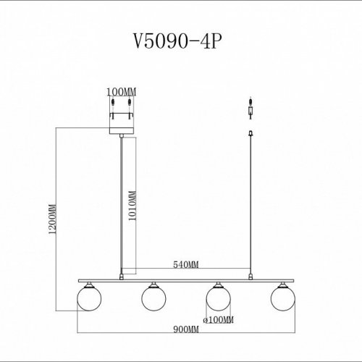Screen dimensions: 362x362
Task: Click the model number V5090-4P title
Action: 180,42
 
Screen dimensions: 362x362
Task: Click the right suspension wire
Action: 251,203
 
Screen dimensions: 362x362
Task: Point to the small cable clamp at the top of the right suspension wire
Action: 251,133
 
